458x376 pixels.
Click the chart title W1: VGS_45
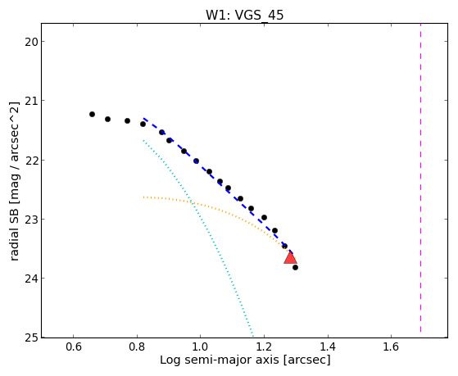[x=245, y=16]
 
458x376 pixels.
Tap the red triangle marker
[x=290, y=257]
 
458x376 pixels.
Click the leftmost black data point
[x=92, y=114]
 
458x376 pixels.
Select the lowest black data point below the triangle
[x=295, y=267]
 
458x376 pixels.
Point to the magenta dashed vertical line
[x=420, y=178]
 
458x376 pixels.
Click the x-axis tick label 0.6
[x=73, y=347]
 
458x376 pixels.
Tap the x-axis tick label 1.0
[x=201, y=347]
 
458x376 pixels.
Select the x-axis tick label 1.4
[x=328, y=347]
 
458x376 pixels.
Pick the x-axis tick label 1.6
[x=391, y=347]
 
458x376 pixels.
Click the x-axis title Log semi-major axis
[x=219, y=360]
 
